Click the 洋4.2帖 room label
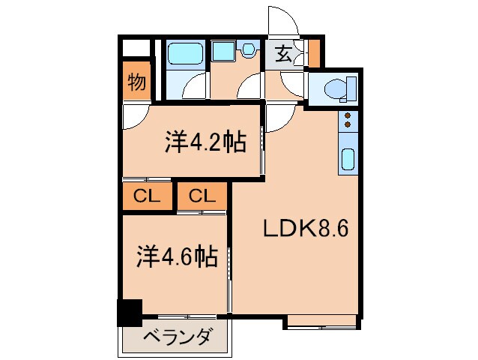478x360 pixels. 205,142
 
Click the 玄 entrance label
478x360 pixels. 284,54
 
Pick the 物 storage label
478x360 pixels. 136,82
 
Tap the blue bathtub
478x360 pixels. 183,54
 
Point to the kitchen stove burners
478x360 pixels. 348,119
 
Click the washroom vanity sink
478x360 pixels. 223,51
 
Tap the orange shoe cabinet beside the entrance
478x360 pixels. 314,53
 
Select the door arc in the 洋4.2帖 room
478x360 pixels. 136,116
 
